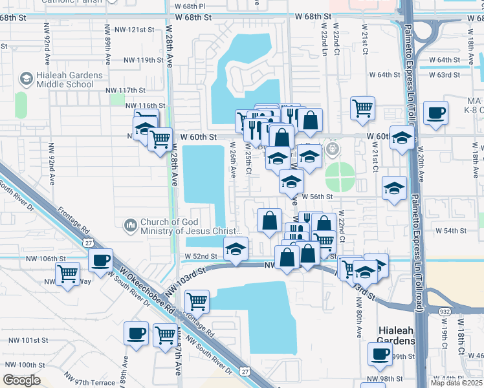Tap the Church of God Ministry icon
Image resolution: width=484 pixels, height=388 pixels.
click(130, 225)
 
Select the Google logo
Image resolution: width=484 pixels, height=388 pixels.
click(22, 380)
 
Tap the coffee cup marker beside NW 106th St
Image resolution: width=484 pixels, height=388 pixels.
click(100, 260)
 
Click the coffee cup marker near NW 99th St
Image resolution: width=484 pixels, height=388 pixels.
click(380, 353)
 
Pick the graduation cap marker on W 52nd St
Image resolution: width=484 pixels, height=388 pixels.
click(236, 248)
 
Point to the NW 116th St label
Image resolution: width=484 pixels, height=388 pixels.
click(146, 105)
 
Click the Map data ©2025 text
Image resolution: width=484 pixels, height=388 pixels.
click(457, 383)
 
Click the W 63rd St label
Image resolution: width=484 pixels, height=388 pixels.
click(452, 75)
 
